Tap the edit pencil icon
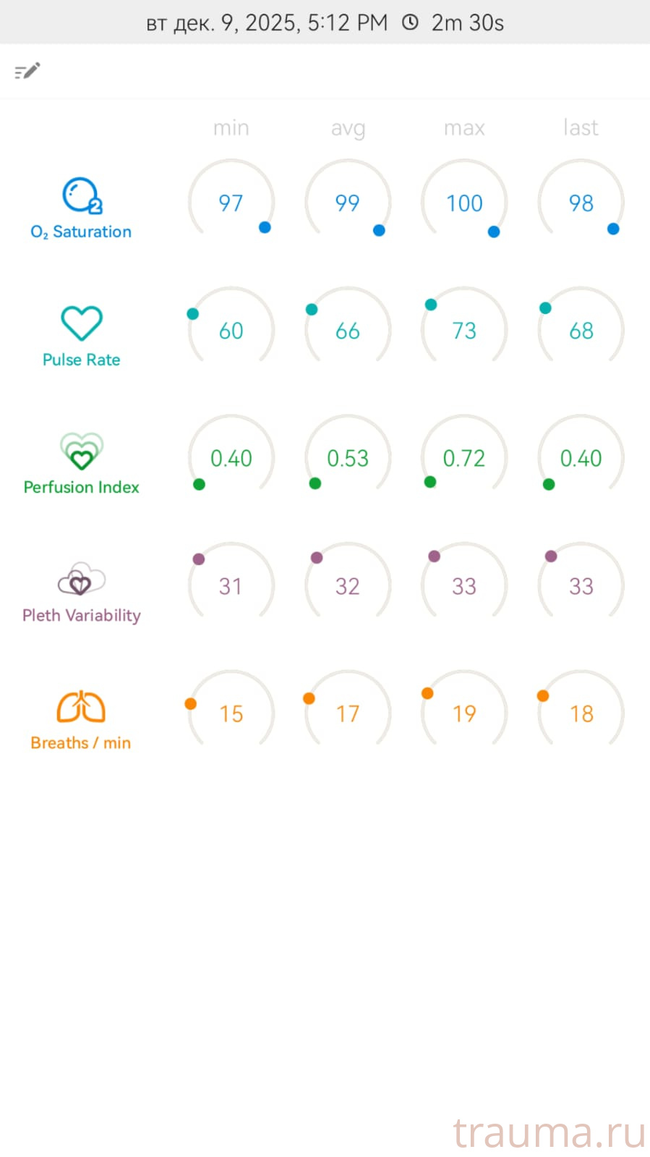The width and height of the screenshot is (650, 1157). click(27, 71)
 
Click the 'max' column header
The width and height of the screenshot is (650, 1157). click(464, 128)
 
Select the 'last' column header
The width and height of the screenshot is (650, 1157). click(581, 128)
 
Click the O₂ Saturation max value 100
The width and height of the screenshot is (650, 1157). click(464, 203)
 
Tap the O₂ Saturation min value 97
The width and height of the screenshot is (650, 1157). click(231, 203)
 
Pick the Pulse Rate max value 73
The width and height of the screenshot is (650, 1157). click(464, 331)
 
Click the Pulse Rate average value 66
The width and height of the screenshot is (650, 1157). click(348, 331)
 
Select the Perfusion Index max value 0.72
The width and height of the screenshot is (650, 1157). click(464, 458)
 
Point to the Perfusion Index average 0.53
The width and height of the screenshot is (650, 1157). click(348, 458)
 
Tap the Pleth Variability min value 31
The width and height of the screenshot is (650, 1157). click(231, 586)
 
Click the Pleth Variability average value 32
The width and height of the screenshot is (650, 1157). click(348, 586)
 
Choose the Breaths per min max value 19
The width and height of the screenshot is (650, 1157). click(464, 713)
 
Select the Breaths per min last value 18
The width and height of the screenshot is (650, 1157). click(581, 713)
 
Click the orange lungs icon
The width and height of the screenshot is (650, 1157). click(81, 707)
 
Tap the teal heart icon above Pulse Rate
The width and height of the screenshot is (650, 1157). click(81, 323)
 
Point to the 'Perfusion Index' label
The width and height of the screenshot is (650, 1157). click(81, 487)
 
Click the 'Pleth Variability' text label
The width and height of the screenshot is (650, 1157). click(81, 615)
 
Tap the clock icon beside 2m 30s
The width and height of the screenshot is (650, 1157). click(410, 22)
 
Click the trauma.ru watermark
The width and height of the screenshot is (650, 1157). click(549, 1132)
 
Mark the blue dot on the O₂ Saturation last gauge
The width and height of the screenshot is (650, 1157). click(613, 229)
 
